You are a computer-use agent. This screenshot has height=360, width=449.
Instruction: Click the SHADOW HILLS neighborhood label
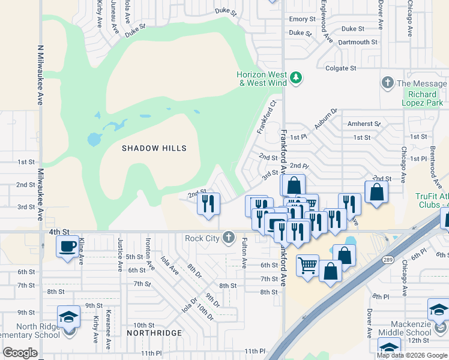tap(154, 148)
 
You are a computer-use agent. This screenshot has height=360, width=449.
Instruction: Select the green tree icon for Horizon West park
tap(295, 77)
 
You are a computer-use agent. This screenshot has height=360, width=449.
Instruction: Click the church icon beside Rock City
tap(228, 238)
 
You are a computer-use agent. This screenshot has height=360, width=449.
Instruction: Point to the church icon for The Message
tap(388, 83)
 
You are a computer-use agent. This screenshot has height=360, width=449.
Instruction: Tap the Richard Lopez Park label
tap(422, 99)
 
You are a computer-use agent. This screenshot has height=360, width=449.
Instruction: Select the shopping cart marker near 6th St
tap(308, 265)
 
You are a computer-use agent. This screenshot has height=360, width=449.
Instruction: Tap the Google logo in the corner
tap(20, 353)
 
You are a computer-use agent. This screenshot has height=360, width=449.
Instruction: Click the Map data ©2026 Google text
tap(412, 355)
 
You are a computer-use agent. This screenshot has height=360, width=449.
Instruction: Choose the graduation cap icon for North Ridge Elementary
tap(69, 316)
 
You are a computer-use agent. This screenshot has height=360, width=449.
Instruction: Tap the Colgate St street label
tap(340, 68)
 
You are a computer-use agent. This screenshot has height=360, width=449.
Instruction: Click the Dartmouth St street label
tap(357, 43)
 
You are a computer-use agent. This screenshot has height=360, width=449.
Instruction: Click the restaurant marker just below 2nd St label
tap(209, 203)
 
